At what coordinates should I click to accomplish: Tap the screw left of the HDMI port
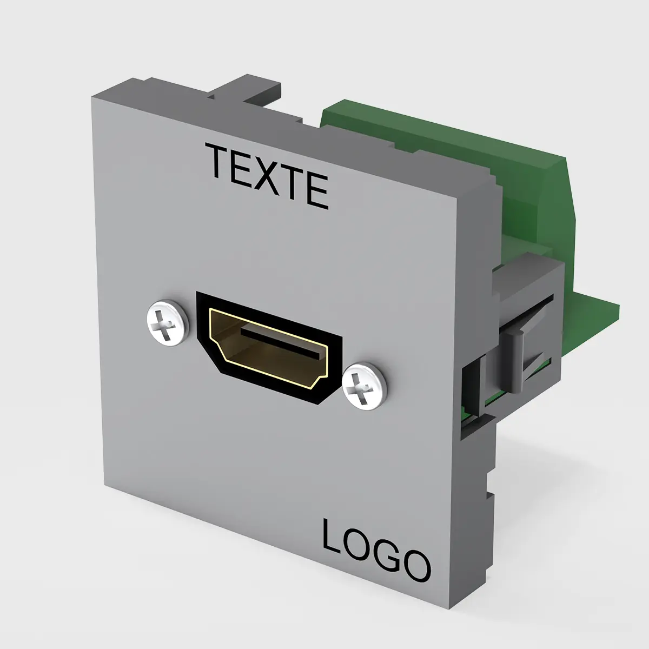point(167,321)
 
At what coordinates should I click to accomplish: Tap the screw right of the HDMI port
point(365,386)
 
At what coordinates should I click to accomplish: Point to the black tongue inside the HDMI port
point(280,342)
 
